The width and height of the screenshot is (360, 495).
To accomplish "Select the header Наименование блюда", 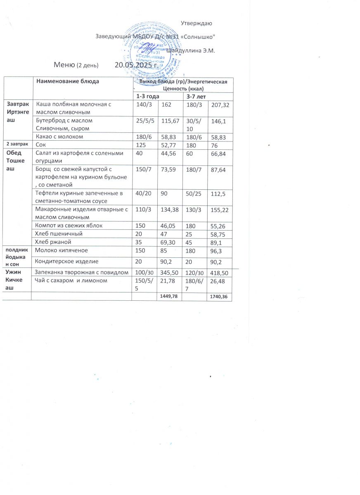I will click(68, 81).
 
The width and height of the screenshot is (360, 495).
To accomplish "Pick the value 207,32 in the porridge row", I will click(220, 105).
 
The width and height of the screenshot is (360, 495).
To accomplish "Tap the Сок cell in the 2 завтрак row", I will click(41, 145).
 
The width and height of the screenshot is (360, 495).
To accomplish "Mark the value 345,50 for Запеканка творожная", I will click(168, 273).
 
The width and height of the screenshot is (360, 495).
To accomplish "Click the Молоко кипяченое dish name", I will click(62, 250).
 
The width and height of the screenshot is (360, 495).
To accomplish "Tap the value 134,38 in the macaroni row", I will click(168, 210).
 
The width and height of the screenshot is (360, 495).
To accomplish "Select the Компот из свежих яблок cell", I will click(68, 225).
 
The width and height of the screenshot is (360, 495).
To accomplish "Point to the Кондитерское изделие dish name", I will click(67, 261).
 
